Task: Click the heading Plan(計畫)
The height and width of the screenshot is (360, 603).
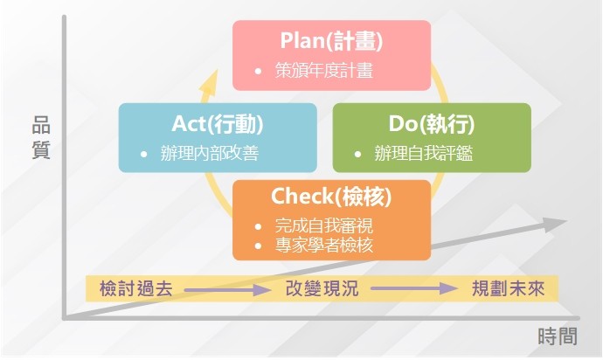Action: pos(331,41)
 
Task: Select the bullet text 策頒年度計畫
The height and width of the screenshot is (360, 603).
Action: pos(324,71)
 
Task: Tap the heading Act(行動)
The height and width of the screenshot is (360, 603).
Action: pos(218,124)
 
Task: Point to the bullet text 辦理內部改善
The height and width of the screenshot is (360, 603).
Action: pos(210,153)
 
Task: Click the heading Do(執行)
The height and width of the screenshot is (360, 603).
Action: pos(432,124)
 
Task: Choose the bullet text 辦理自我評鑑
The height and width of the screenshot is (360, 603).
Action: pos(423,153)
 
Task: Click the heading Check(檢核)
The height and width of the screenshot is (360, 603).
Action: pos(331,196)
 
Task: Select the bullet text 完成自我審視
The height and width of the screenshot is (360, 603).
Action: pos(324,225)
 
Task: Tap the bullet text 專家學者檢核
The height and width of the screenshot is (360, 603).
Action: pos(324,245)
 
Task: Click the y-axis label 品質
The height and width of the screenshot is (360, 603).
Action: pos(41,137)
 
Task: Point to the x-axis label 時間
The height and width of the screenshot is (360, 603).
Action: pos(558,336)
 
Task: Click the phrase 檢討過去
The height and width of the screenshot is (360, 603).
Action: pos(135,288)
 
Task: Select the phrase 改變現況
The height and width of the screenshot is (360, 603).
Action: pos(322,288)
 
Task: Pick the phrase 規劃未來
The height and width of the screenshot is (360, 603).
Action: pos(508,288)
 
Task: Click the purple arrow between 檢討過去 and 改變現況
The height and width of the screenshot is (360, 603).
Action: pos(228,289)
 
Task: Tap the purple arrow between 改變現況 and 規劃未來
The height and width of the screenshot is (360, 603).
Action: pos(414,288)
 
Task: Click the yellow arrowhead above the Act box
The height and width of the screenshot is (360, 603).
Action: pos(210,81)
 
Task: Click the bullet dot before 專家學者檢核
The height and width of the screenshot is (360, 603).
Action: pos(258,246)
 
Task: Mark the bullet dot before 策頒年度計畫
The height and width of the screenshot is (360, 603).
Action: pos(258,71)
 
